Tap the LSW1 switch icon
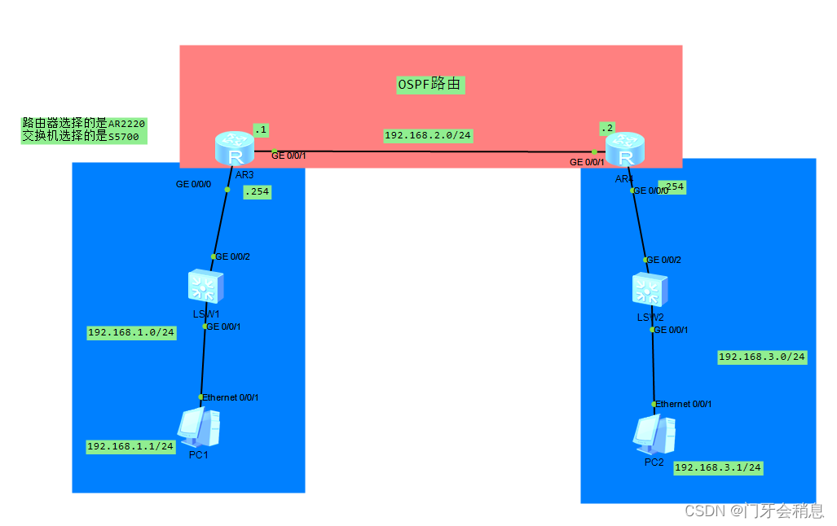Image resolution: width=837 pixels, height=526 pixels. (x=205, y=287)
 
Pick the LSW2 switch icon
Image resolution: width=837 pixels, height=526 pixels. (x=649, y=291)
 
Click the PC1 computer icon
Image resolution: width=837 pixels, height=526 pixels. (x=199, y=427)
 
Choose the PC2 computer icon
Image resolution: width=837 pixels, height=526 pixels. (x=654, y=434)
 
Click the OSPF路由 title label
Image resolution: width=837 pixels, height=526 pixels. (x=430, y=84)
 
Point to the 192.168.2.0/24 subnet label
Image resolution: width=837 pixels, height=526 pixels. (x=428, y=135)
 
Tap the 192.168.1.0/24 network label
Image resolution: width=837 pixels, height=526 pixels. (x=131, y=332)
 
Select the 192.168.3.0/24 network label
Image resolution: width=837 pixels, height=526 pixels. (x=762, y=357)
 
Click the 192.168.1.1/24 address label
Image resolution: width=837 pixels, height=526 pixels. (x=130, y=446)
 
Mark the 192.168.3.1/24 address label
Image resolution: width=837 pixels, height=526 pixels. (x=718, y=467)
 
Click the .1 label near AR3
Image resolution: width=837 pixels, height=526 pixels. (x=261, y=129)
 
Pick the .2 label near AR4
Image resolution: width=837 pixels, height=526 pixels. (x=606, y=128)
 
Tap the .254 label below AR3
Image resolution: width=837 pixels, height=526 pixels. (x=257, y=192)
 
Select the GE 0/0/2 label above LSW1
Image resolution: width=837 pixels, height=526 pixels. (x=233, y=256)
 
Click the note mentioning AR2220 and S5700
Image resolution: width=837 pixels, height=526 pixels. (x=85, y=130)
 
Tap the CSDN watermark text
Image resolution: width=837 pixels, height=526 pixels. (x=754, y=511)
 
